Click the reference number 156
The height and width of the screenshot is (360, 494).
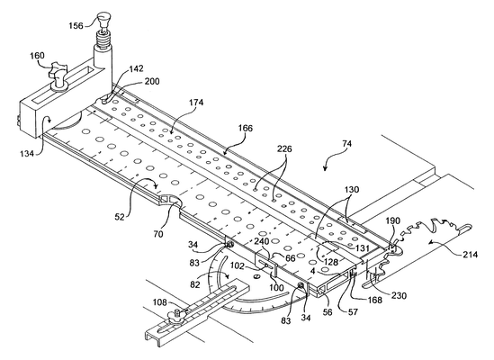(76, 25)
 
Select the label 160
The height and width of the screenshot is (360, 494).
(37, 56)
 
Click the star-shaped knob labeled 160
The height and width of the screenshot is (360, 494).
(58, 74)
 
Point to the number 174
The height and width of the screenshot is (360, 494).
(196, 103)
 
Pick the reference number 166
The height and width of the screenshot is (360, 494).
(246, 128)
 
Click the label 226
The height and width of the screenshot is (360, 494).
(284, 148)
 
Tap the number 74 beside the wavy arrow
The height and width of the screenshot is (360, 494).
(346, 144)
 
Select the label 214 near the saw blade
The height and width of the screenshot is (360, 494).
(470, 254)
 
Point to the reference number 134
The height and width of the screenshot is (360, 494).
(28, 154)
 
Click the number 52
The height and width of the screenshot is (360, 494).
(120, 217)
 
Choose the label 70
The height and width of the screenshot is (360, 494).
(158, 234)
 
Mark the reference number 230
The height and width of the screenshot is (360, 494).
(400, 295)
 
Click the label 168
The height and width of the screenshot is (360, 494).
(374, 300)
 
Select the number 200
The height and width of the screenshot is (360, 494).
(152, 81)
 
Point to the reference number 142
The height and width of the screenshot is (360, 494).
(136, 68)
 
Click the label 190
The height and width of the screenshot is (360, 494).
(392, 220)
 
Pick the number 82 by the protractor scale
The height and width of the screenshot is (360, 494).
(195, 284)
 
